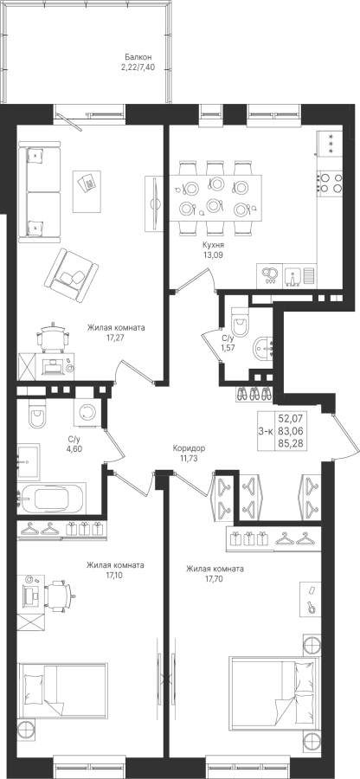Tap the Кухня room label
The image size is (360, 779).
[213, 246]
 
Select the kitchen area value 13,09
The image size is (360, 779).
[213, 255]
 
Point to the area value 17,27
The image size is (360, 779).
[116, 338]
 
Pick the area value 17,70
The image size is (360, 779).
[215, 579]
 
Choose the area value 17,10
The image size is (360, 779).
[115, 576]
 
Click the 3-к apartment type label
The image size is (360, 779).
[266, 431]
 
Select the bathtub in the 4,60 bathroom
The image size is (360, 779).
[52, 499]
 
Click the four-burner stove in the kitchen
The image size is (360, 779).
[331, 183]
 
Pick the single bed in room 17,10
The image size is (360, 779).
[62, 691]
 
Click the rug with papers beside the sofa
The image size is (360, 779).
[87, 184]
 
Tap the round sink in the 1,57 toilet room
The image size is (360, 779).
[263, 349]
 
